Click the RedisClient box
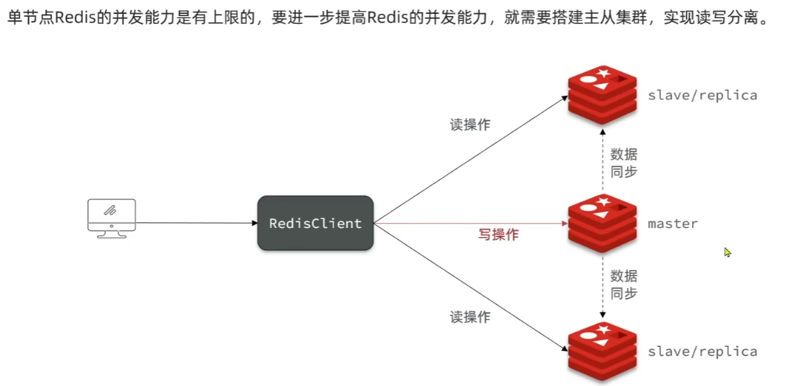tap(316, 224)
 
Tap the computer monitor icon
tap(111, 217)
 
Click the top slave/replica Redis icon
tap(602, 95)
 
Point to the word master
tap(672, 224)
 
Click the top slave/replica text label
tap(703, 95)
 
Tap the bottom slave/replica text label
tap(703, 351)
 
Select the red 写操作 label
tap(498, 235)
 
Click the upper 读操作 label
tap(470, 125)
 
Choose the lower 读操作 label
tap(470, 317)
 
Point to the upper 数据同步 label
tap(623, 163)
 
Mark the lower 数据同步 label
tap(623, 284)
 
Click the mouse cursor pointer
tap(727, 252)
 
